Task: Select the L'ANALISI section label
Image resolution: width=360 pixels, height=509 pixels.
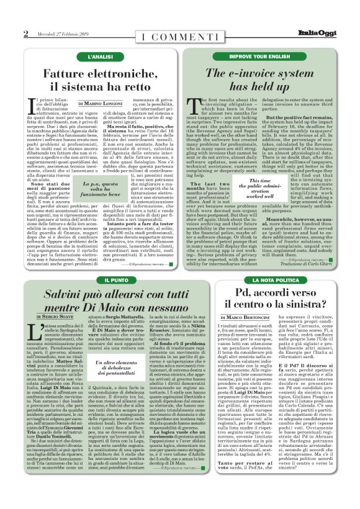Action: click(x=99, y=56)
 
